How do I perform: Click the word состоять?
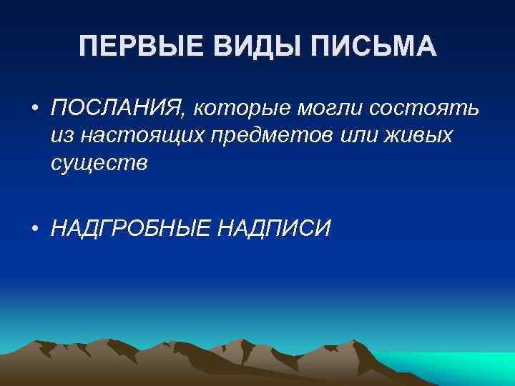click(426, 108)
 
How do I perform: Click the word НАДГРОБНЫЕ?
click(129, 228)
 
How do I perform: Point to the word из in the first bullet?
click(61, 135)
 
